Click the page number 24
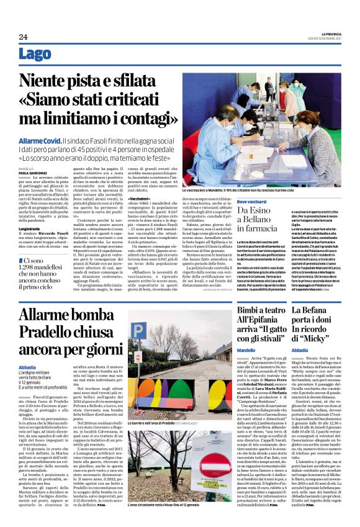click(x=23, y=37)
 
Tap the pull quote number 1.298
click(x=37, y=270)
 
